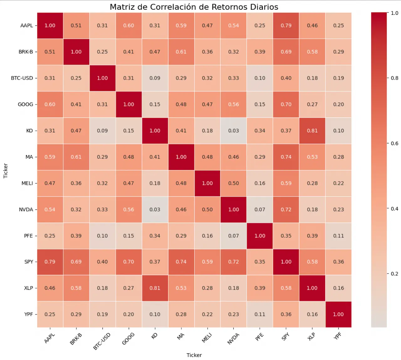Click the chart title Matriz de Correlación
click(x=194, y=7)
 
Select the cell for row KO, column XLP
click(x=312, y=130)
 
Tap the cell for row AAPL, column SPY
click(x=286, y=25)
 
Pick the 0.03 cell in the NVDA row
click(x=155, y=209)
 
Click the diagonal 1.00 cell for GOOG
click(x=128, y=104)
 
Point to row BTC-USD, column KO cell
click(x=155, y=78)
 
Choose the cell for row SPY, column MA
click(x=181, y=262)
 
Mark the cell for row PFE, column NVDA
click(x=233, y=236)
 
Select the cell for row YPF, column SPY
click(x=286, y=314)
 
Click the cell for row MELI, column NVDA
click(x=233, y=183)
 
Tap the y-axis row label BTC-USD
click(x=22, y=78)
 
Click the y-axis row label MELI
click(x=27, y=183)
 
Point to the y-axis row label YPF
click(x=29, y=314)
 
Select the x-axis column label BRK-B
click(x=76, y=339)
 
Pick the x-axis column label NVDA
click(x=233, y=339)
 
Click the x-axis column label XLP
click(x=311, y=337)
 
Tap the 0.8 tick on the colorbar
click(x=394, y=78)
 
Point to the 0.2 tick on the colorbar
click(x=394, y=274)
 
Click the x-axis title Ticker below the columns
click(x=194, y=355)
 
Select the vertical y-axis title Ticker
click(x=5, y=171)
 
